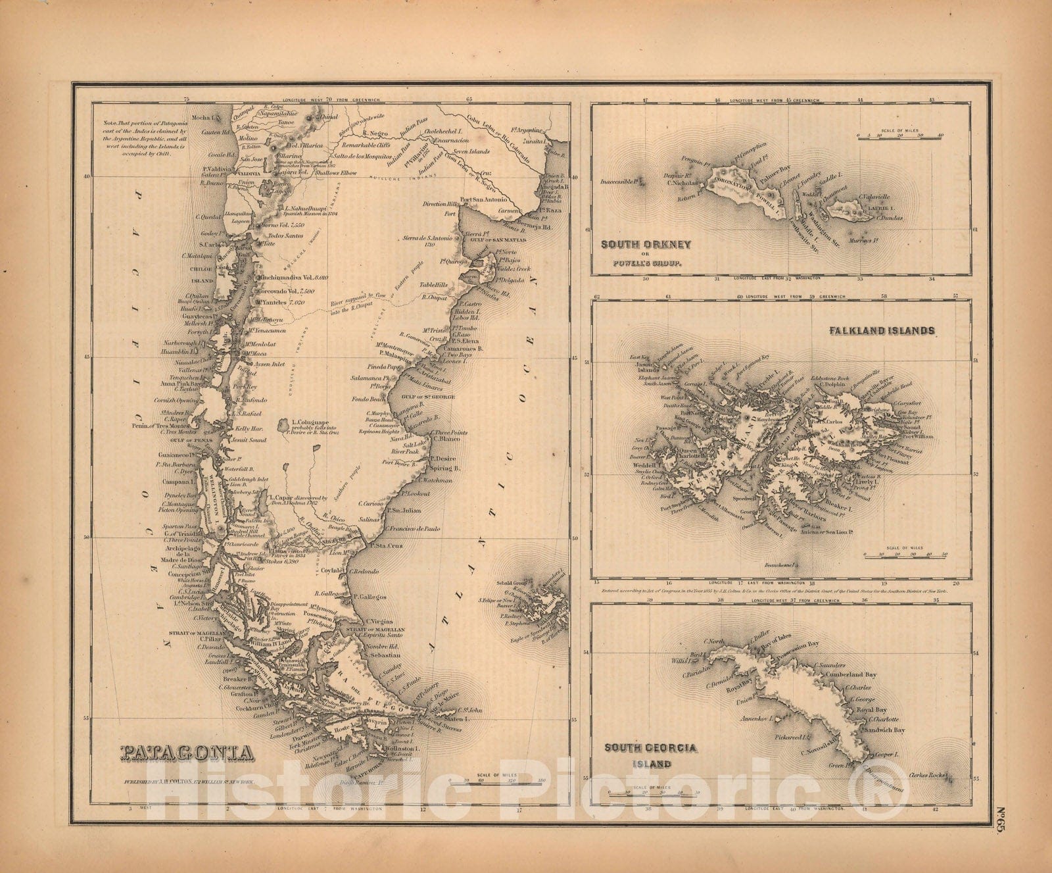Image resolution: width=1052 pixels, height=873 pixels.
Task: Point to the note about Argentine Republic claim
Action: (136, 138)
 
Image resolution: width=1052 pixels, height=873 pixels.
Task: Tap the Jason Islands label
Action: (648, 368)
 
